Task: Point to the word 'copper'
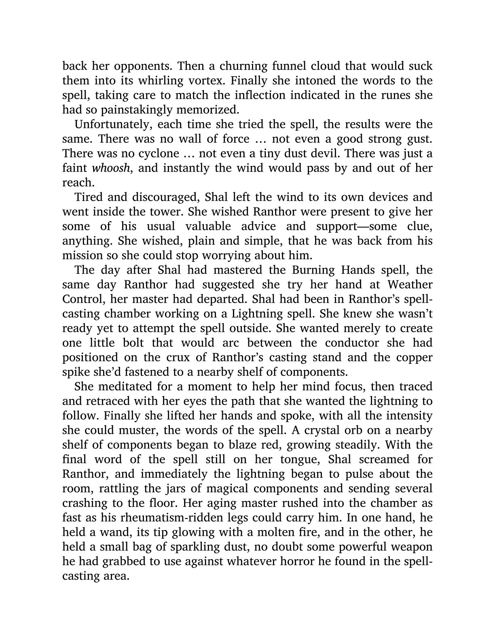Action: coord(410,357)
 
